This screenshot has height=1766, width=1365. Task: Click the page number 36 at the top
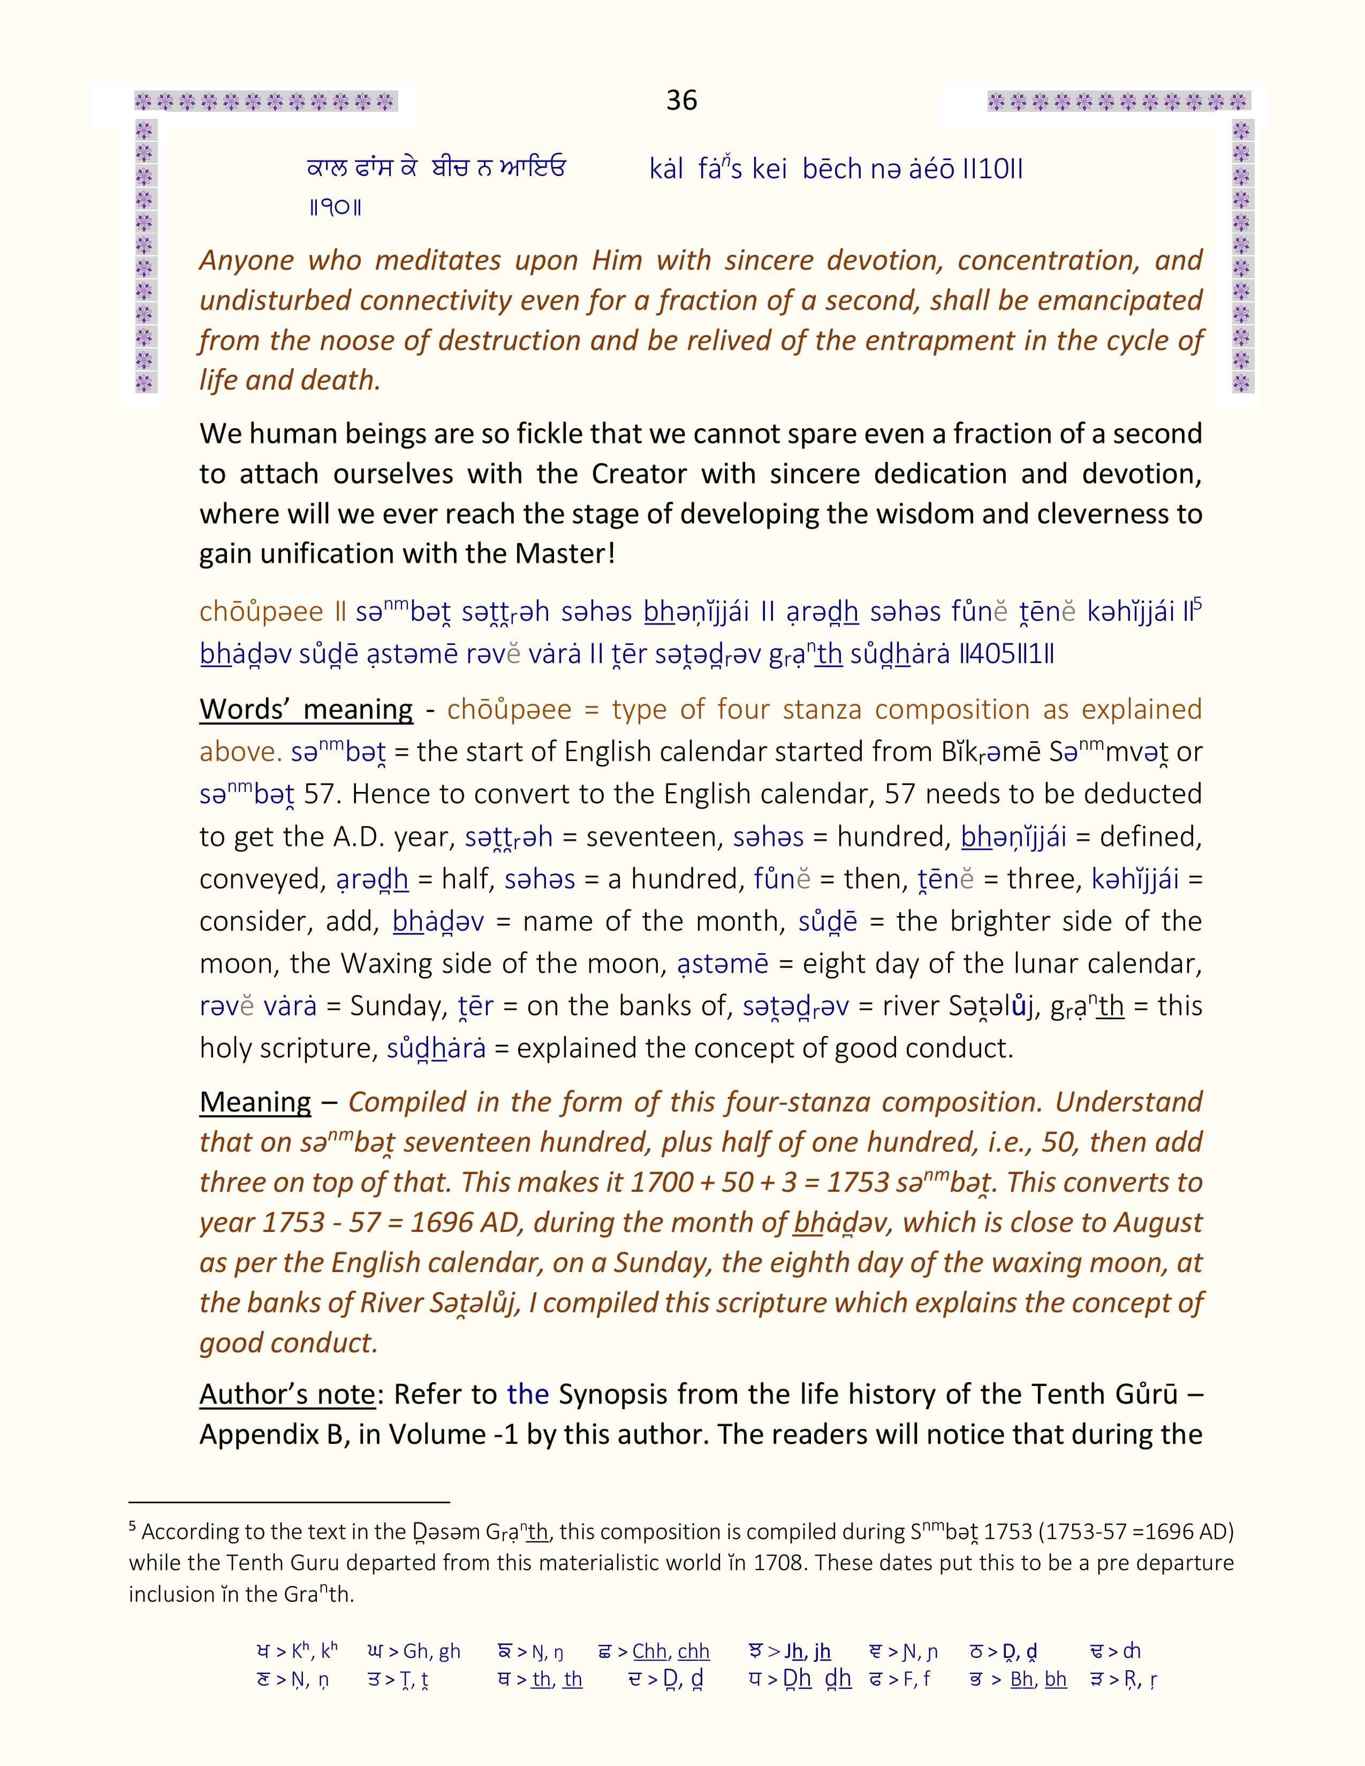click(x=681, y=100)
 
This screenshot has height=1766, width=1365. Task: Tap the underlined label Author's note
click(x=287, y=1394)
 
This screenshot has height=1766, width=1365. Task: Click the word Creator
click(x=639, y=473)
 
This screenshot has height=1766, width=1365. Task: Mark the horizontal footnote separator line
click(x=289, y=1502)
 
